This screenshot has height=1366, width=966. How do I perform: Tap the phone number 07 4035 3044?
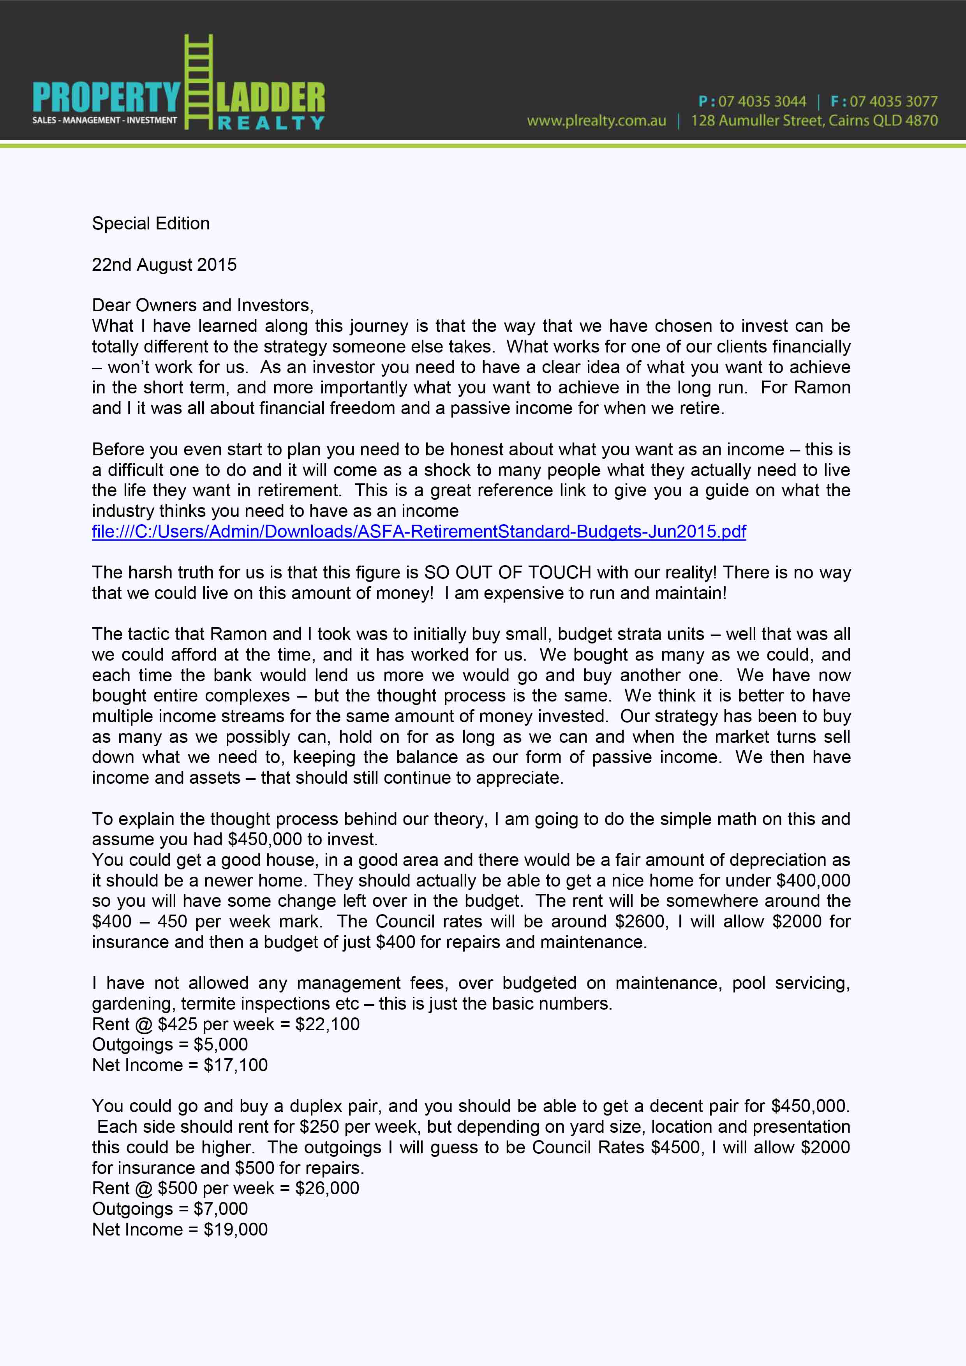tap(762, 102)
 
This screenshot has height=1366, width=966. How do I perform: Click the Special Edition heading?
tap(150, 223)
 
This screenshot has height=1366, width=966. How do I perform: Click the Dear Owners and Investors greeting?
tap(202, 305)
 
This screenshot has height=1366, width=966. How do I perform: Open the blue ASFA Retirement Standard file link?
tap(419, 531)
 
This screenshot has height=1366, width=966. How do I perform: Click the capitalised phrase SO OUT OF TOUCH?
tap(508, 572)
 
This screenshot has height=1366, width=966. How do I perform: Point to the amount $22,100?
tap(327, 1024)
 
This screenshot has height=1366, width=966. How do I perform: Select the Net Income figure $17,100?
tap(236, 1065)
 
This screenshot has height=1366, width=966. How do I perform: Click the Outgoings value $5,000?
tap(221, 1044)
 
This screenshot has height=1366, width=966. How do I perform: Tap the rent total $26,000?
tap(327, 1188)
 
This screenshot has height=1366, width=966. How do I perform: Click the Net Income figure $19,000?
tap(236, 1229)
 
